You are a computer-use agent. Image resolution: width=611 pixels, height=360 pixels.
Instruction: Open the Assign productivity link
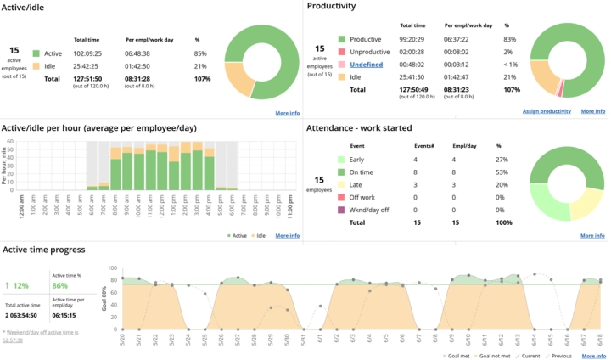[546, 111]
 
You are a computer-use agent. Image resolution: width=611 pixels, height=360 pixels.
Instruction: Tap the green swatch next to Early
[340, 159]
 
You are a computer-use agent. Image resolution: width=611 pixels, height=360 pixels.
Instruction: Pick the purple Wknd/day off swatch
[340, 210]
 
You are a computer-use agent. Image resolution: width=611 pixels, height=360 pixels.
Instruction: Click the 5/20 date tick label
[124, 337]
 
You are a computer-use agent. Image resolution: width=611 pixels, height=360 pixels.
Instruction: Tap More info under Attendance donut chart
[592, 235]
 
